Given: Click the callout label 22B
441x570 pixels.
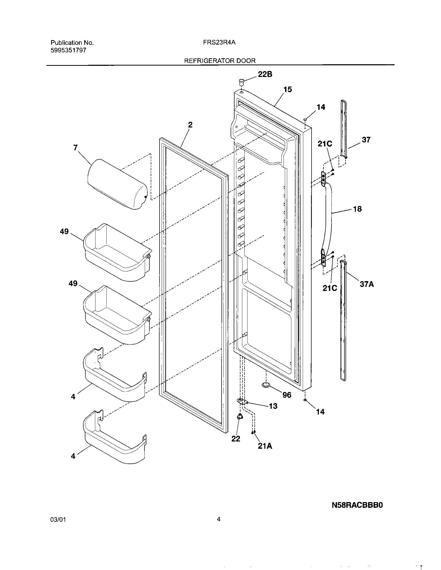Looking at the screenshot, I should (265, 74).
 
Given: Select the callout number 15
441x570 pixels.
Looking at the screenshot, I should (287, 90).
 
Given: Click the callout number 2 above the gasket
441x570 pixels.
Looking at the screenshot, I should (190, 125).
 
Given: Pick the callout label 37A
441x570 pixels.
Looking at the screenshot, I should (367, 284).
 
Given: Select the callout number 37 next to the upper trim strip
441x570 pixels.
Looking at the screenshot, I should (366, 140).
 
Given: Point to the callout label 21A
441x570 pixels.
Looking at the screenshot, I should (265, 446).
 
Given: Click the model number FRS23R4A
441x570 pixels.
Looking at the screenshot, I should (219, 42).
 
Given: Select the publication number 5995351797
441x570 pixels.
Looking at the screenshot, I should (68, 51).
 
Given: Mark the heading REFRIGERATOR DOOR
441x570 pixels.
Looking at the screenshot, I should (220, 61).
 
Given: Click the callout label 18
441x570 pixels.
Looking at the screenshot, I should (357, 209).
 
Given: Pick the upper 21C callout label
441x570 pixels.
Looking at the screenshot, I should (325, 144).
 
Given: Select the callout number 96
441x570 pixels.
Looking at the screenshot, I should (287, 395).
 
